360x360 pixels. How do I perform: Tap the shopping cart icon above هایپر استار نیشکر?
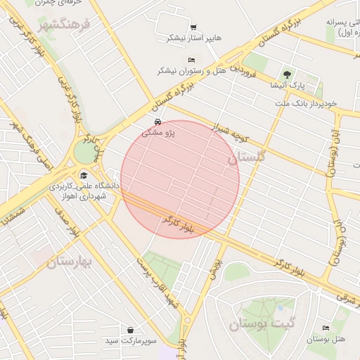193,27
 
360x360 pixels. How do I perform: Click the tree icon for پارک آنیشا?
286,75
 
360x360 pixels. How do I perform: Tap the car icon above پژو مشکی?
166,122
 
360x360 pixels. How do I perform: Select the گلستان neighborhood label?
244,159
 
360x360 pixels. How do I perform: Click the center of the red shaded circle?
180,179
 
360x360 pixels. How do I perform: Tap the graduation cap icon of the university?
84,176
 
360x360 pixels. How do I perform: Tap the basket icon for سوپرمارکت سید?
131,330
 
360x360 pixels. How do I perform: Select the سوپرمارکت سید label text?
131,341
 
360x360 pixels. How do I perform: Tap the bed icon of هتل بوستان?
325,328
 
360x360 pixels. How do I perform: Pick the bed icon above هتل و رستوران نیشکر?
192,60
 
